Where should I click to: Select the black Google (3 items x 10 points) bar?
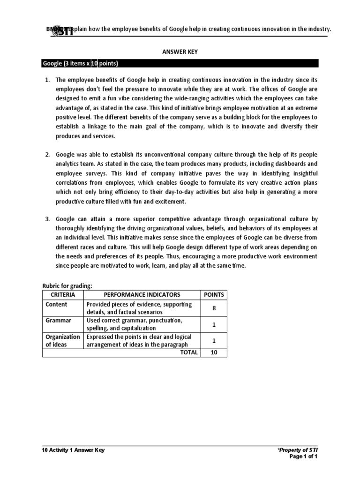180,64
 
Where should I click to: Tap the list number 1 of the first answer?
47,80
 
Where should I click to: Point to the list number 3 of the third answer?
47,218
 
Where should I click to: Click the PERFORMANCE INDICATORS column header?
142,295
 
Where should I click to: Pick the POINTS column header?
213,295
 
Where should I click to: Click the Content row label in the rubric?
56,304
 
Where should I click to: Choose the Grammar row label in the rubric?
58,320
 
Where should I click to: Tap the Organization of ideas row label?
62,340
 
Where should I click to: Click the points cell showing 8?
213,308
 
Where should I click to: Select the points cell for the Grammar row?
213,324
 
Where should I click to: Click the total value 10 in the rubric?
213,352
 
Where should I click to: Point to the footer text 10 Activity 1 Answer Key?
74,450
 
